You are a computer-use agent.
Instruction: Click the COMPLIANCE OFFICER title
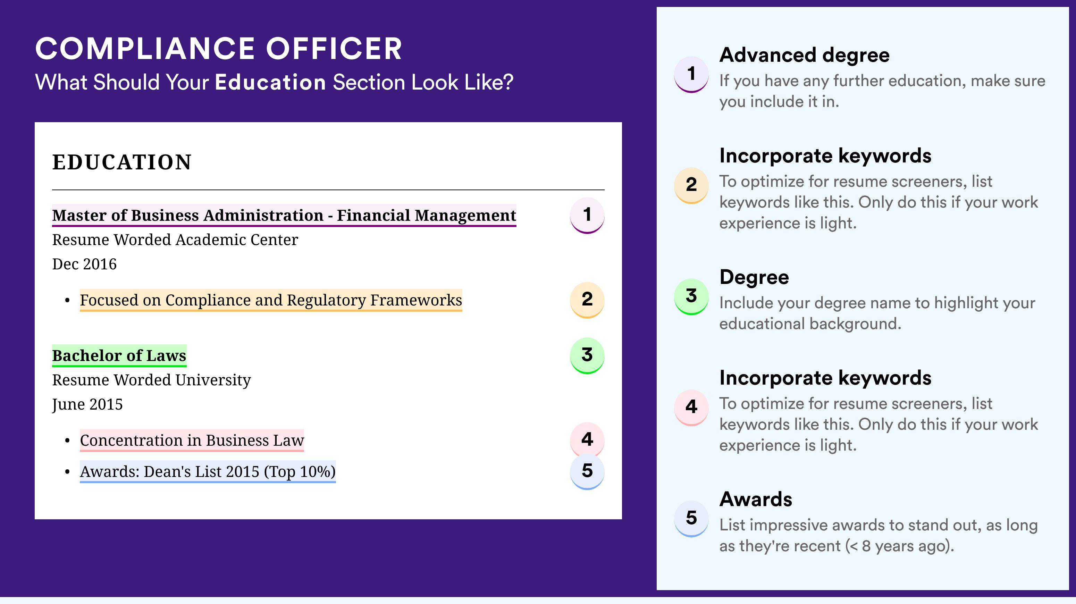click(218, 49)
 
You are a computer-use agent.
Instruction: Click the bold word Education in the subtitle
click(270, 82)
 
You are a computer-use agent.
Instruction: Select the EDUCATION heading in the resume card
click(121, 162)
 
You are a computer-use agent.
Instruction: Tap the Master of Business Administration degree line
click(284, 215)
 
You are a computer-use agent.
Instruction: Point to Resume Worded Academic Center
click(175, 240)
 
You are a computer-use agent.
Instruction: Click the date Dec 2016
click(84, 264)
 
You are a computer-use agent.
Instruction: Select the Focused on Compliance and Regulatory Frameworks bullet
click(271, 300)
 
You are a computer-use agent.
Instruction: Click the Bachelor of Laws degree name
click(119, 355)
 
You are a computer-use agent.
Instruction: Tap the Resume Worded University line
click(152, 380)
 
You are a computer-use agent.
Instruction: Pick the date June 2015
click(87, 404)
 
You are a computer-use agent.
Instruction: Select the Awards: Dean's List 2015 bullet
click(208, 472)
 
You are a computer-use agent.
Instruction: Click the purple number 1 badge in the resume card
click(587, 215)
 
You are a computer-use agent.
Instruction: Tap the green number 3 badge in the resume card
click(587, 355)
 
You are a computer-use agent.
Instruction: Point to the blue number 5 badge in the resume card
click(587, 471)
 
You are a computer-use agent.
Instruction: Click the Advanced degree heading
click(805, 55)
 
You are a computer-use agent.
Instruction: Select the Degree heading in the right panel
click(754, 277)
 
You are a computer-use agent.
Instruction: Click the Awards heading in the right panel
click(756, 499)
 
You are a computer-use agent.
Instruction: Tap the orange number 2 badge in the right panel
click(691, 185)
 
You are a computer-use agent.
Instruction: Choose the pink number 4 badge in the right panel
click(691, 407)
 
